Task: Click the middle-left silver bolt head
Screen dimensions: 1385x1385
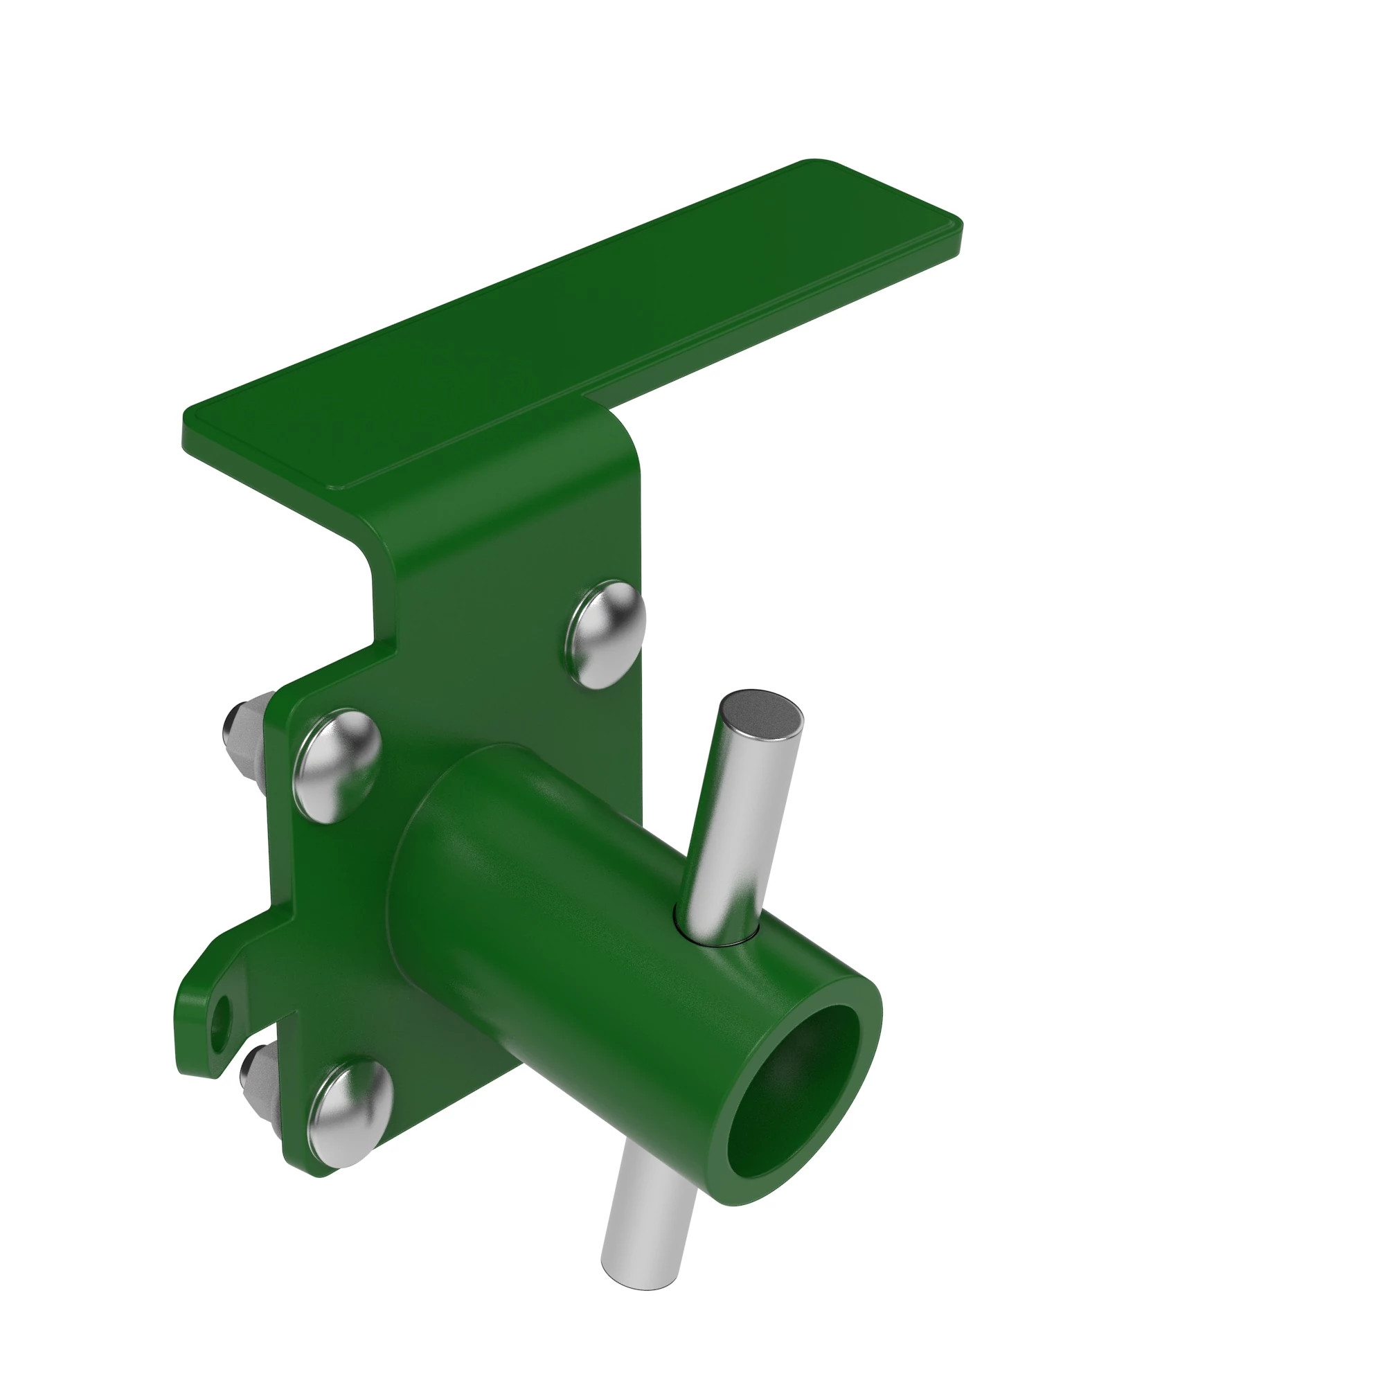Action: (x=338, y=765)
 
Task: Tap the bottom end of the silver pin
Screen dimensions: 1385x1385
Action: (x=638, y=1284)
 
